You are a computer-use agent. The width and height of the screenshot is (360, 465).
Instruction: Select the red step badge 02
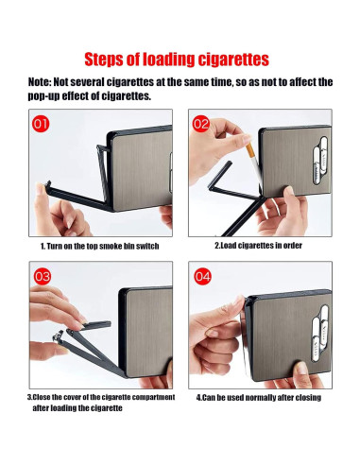[x=201, y=123]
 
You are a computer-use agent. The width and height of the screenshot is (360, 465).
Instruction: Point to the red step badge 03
[x=42, y=276]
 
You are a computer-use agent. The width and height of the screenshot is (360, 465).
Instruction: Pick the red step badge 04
[x=201, y=276]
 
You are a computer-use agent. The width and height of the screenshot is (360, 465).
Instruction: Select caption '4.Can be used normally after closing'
[x=258, y=397]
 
